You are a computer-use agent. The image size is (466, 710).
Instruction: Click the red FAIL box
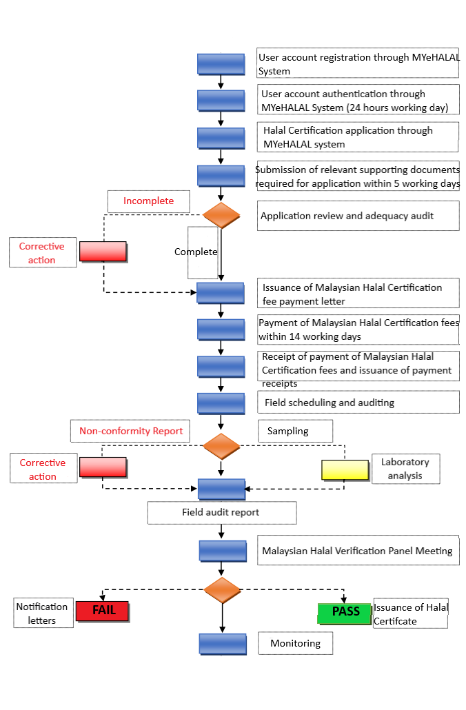tap(103, 611)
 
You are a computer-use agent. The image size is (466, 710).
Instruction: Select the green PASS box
tap(345, 613)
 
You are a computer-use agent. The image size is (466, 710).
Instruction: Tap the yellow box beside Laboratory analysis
tap(345, 469)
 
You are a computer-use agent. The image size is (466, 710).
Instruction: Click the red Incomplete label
tap(148, 201)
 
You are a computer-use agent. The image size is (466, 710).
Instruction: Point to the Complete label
tap(196, 252)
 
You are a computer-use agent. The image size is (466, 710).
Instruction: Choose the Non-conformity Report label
tap(130, 432)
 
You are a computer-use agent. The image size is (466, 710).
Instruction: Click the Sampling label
tap(295, 431)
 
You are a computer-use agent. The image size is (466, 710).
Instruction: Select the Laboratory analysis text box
tap(405, 469)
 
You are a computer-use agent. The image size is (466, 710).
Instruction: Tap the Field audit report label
tap(221, 513)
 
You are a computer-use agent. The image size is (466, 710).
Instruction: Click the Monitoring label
tap(295, 643)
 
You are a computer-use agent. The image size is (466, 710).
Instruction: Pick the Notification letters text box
tap(42, 613)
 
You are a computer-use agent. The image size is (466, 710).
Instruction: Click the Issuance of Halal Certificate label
tap(410, 613)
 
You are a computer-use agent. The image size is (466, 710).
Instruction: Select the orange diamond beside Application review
tap(221, 215)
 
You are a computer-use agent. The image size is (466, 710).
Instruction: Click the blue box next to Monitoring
tap(223, 644)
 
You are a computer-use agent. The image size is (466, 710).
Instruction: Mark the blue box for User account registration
tap(221, 64)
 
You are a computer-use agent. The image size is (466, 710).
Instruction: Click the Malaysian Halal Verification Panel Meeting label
tap(358, 551)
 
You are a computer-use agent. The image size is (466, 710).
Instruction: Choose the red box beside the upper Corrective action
tap(103, 252)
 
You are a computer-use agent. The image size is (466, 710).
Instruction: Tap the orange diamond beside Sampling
tap(221, 446)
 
